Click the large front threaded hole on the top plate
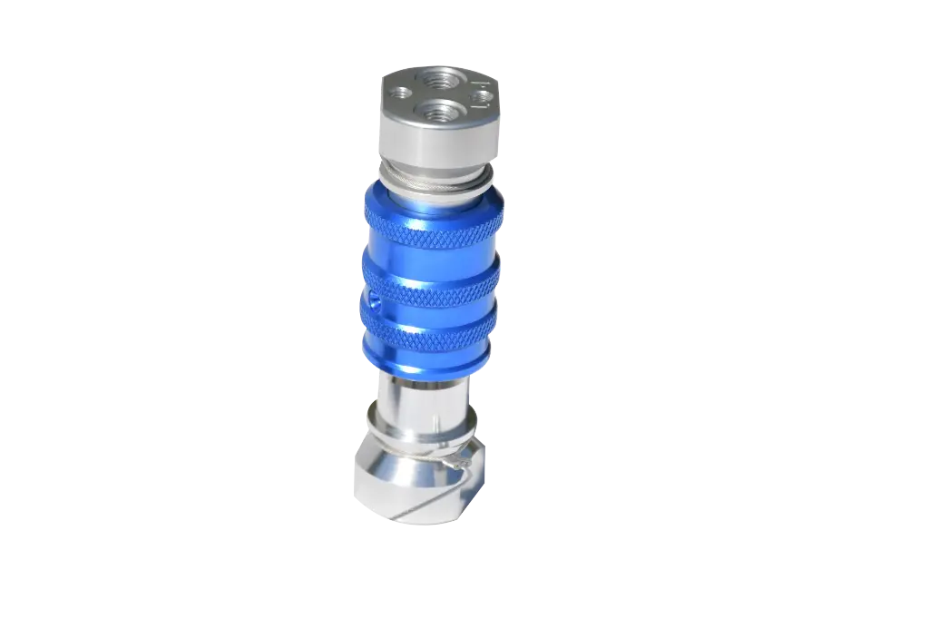coord(434,113)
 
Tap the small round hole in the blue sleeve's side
coord(373,300)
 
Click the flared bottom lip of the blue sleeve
coord(426,363)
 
